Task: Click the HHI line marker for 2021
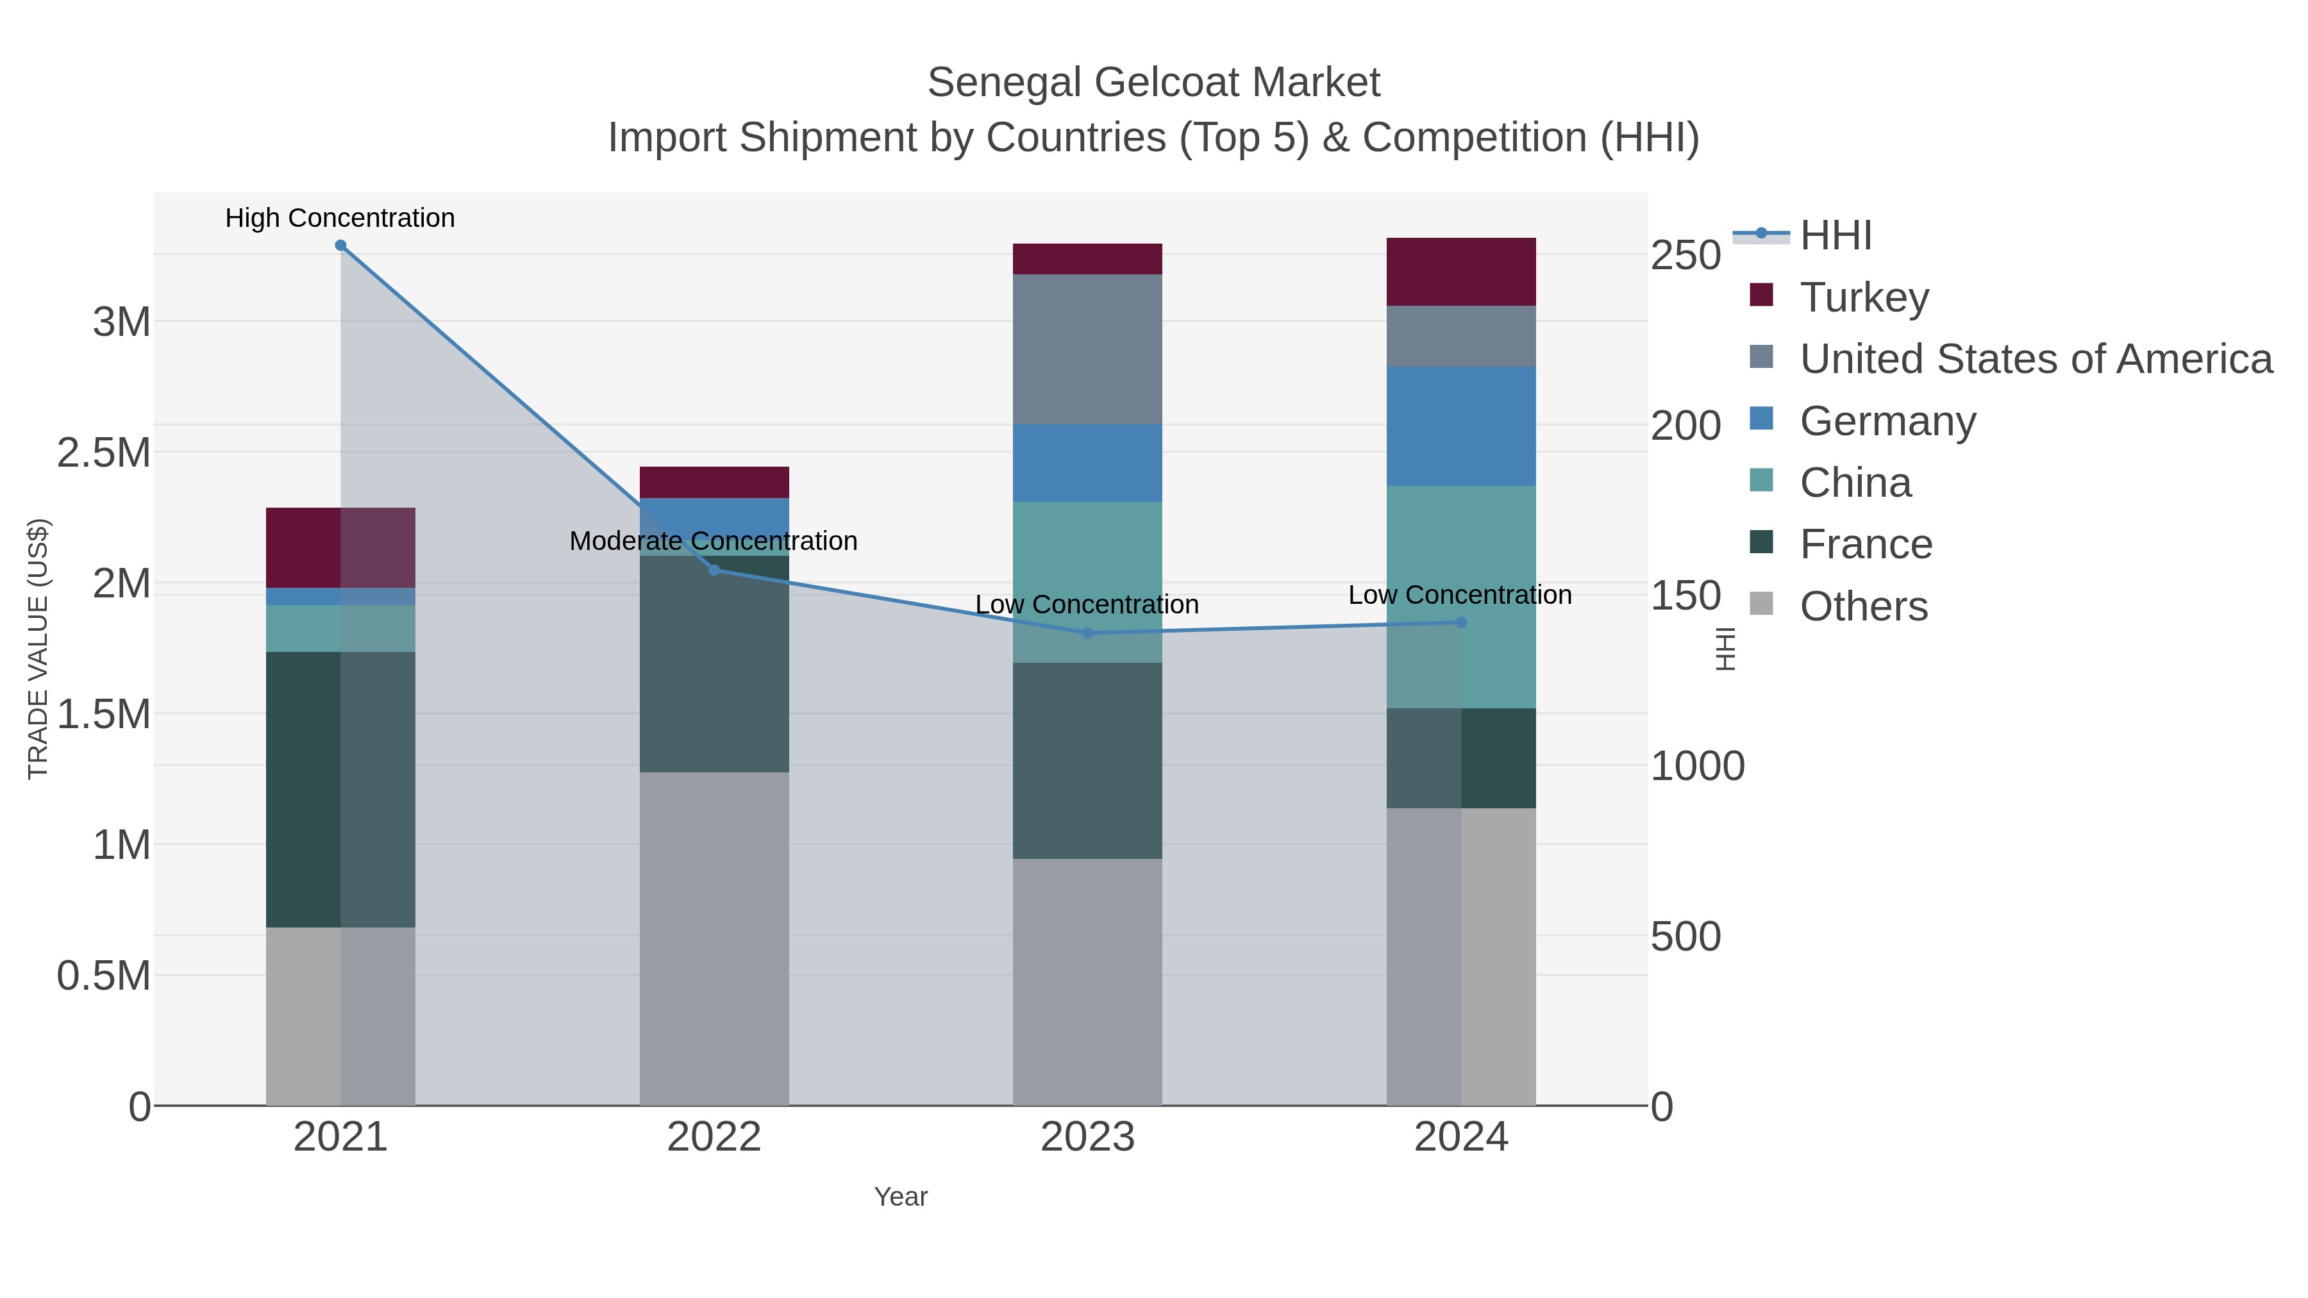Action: (340, 245)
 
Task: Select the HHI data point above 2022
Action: (714, 570)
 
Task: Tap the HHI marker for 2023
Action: (1088, 633)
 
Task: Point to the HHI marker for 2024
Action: (1461, 622)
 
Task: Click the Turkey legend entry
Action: (1864, 297)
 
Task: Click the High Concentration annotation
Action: (340, 219)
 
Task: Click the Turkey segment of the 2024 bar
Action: (1461, 271)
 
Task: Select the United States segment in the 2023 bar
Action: (1088, 349)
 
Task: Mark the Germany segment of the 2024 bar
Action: (1461, 426)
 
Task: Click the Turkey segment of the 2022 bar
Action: (714, 482)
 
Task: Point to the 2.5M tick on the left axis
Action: (104, 453)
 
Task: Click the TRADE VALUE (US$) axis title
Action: (38, 649)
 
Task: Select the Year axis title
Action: (901, 1197)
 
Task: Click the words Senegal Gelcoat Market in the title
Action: (1153, 83)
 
